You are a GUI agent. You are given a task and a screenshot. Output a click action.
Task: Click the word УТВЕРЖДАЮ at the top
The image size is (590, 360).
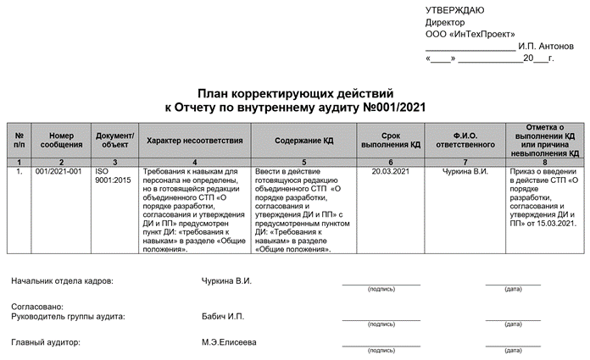click(454, 10)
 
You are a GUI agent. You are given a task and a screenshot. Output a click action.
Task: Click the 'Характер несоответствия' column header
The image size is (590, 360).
click(194, 140)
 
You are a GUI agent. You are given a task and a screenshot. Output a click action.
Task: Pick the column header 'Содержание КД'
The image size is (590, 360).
click(304, 140)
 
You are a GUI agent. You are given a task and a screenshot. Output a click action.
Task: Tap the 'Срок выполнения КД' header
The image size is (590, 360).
click(390, 140)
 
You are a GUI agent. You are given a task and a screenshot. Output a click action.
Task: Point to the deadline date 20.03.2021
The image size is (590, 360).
click(390, 172)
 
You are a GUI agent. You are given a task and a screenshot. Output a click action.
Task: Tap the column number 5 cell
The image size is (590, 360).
click(304, 161)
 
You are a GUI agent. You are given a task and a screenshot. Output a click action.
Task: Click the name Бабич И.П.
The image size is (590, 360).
click(222, 316)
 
